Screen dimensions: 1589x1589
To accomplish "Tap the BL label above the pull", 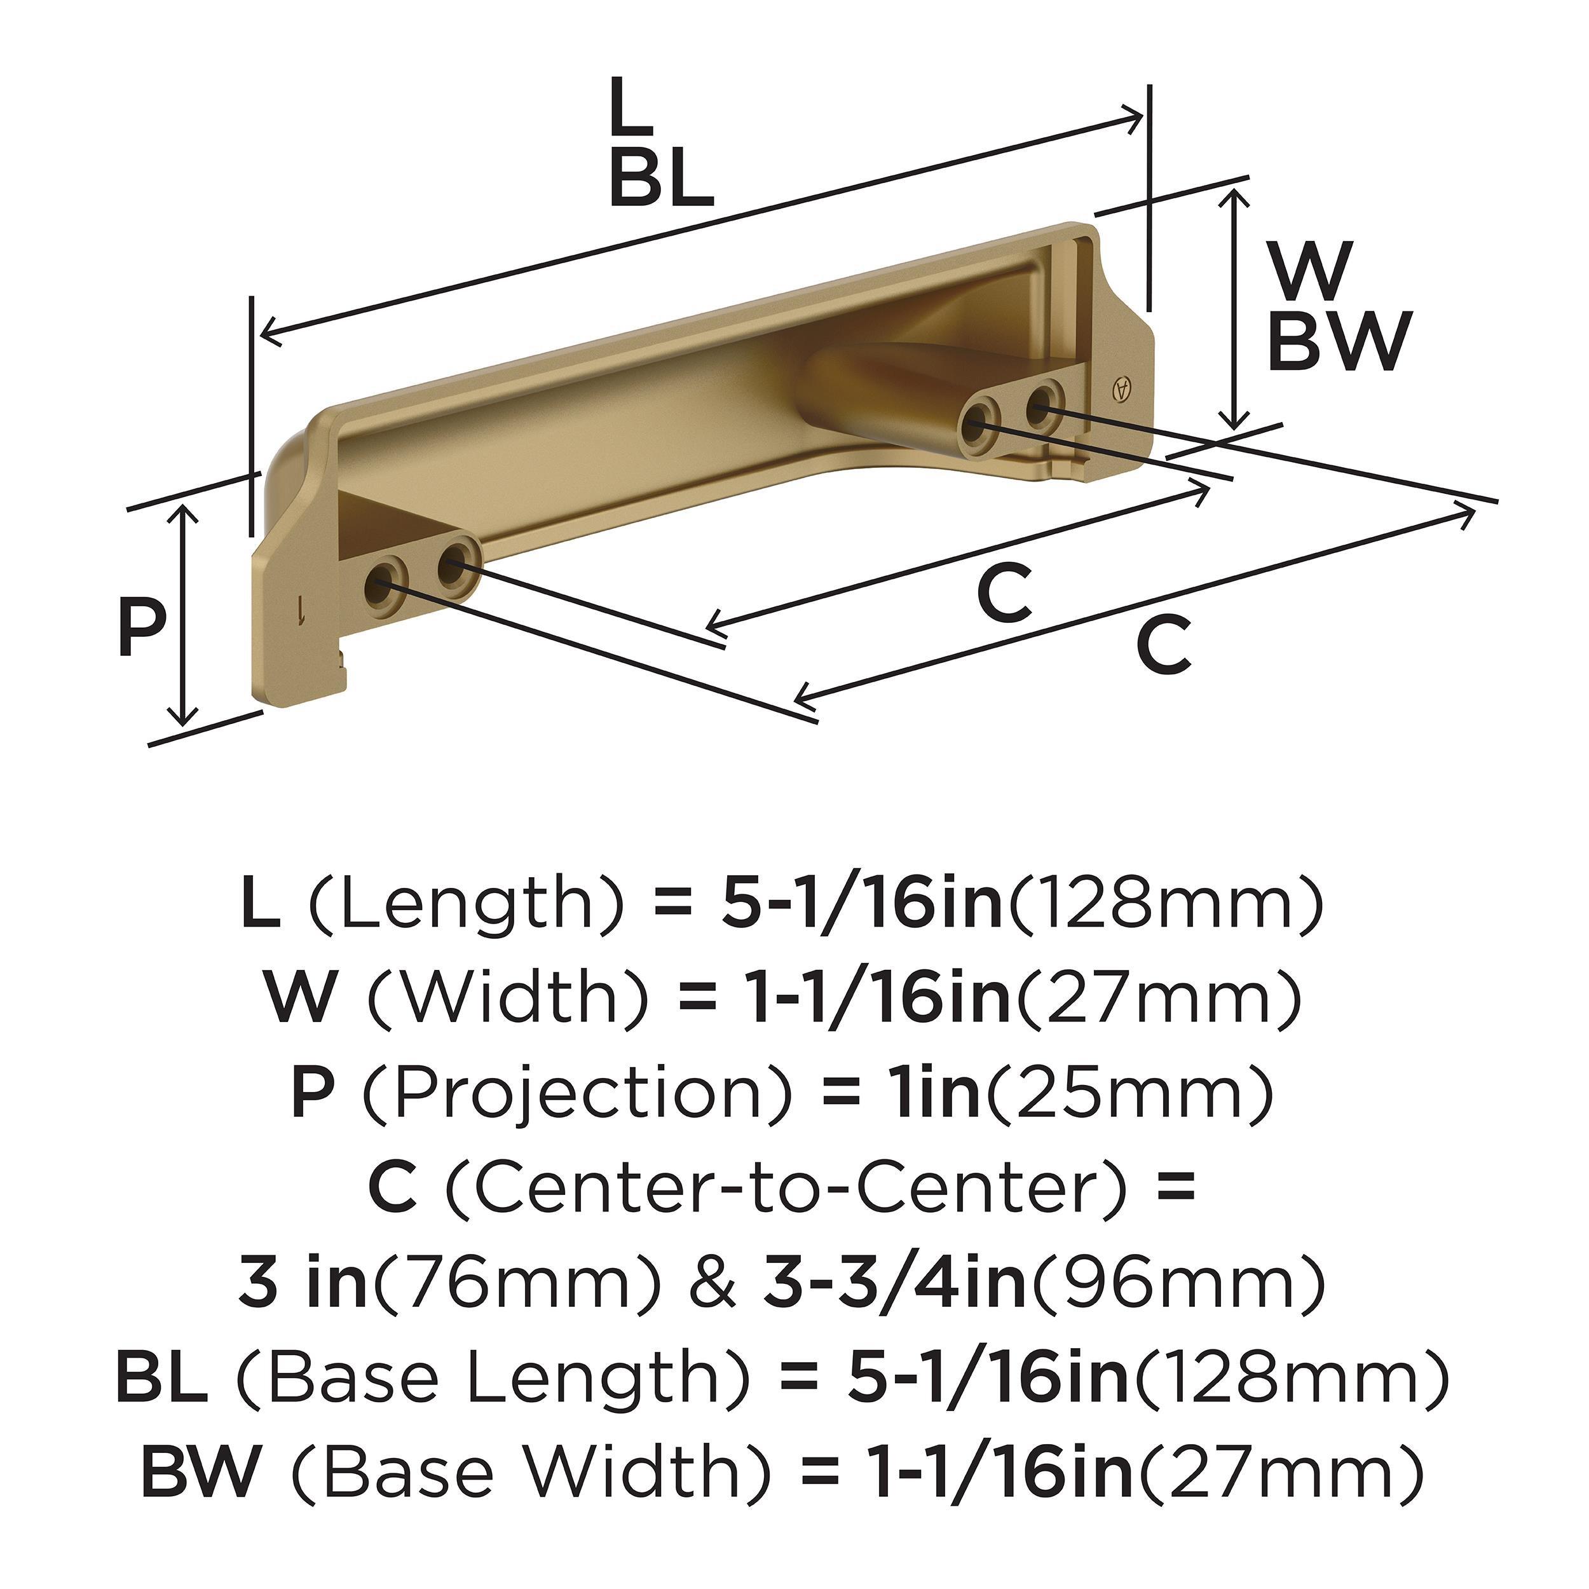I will tap(661, 179).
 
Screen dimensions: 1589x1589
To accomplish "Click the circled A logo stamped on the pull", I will tap(1120, 389).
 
